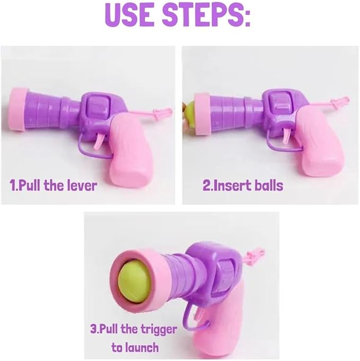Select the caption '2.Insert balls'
coord(243,186)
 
